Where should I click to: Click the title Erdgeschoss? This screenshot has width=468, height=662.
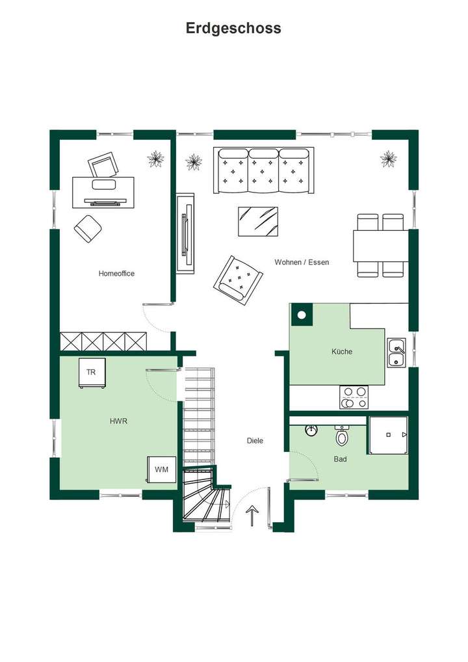pos(233,28)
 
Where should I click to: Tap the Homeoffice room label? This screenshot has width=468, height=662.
pos(116,274)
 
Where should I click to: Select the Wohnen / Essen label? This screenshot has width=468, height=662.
pos(302,262)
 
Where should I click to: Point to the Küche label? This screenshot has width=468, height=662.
pos(342,352)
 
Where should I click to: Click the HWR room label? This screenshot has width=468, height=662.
pos(118,421)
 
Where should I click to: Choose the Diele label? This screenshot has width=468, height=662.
pos(255,441)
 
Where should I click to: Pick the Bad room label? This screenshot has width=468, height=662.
pos(340,459)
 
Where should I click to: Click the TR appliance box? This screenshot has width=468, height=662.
pos(92,373)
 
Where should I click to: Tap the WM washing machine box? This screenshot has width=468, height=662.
pos(161,469)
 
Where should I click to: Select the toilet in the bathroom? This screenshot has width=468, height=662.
pos(342,436)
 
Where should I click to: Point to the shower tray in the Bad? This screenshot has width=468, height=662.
pos(388,435)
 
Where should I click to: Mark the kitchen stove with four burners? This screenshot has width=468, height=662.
pos(354,397)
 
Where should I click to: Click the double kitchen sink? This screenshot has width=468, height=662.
pos(396,353)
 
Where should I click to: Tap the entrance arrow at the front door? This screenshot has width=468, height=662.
pos(252,516)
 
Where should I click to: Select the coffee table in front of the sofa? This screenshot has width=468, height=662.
pos(257,222)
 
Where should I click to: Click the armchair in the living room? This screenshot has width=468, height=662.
pos(238,279)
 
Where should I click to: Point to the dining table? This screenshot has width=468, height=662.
pos(380,245)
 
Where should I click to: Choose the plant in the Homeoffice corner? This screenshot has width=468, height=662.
pos(155,159)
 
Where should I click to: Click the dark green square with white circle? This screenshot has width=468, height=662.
pos(301,315)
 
